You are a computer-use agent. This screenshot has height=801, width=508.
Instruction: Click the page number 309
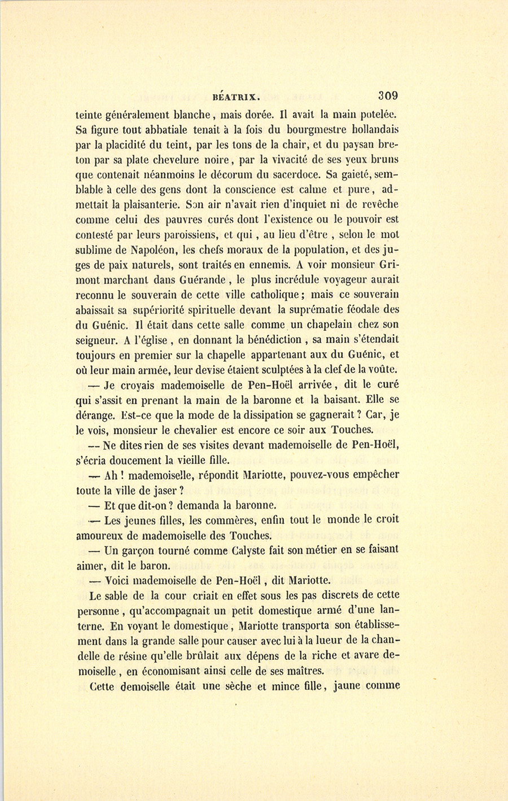coord(388,94)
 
